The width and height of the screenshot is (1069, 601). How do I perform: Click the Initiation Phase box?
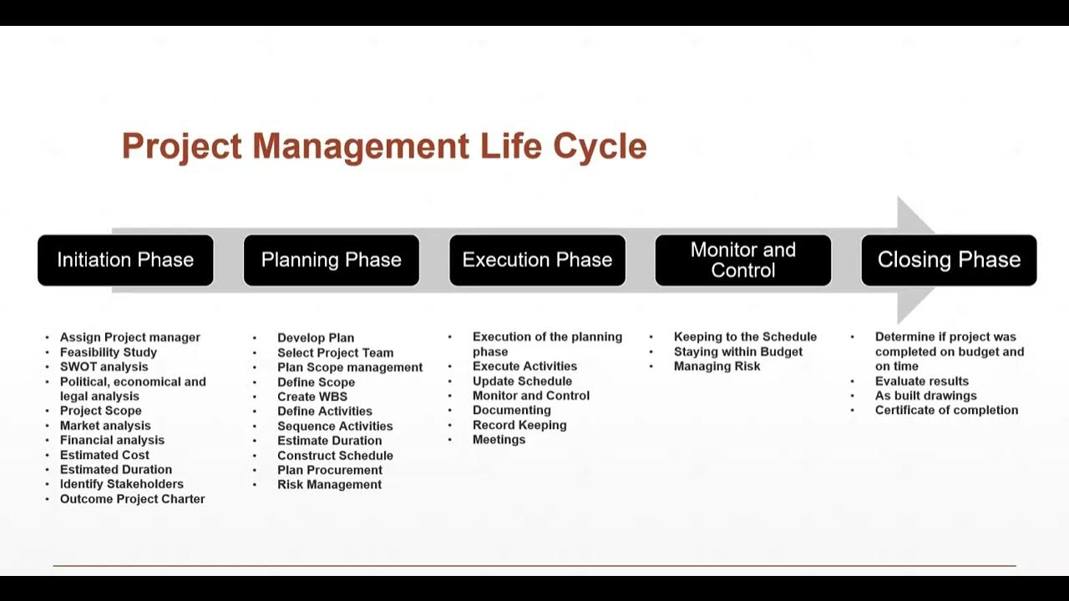(x=125, y=260)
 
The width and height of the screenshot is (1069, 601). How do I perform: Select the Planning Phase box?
(x=331, y=260)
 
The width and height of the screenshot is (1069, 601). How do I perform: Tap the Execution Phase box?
(x=537, y=260)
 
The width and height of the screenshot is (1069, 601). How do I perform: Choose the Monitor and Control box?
(x=742, y=260)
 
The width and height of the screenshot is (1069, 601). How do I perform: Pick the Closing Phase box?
(x=949, y=260)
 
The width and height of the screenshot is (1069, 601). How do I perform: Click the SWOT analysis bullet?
(x=104, y=366)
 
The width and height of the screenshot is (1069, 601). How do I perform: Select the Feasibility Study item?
(x=108, y=352)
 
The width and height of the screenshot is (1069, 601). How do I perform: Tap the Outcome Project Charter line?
(x=132, y=499)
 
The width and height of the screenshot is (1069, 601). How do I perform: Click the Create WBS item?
(x=312, y=396)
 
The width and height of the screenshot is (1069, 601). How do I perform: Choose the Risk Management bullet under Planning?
(x=329, y=485)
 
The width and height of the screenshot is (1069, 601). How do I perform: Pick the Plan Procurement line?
(x=329, y=470)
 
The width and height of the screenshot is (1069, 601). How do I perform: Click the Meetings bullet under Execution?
(x=499, y=440)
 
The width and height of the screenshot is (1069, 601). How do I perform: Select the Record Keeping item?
(x=519, y=425)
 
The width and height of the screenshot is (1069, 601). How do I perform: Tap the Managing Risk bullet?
(x=717, y=366)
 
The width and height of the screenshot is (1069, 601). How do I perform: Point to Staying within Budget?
(x=737, y=351)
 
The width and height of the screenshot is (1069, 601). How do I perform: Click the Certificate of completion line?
(x=946, y=410)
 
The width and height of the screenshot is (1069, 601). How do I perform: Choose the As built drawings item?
(x=925, y=396)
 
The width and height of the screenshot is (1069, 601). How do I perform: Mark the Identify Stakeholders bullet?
(x=121, y=484)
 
